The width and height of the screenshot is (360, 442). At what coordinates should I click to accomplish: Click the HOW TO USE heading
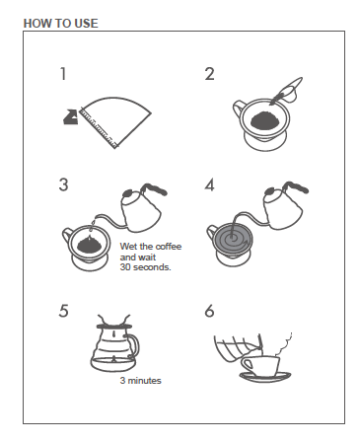tap(60, 21)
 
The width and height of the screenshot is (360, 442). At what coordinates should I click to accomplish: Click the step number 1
tap(63, 74)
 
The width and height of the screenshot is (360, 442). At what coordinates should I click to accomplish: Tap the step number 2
tap(209, 74)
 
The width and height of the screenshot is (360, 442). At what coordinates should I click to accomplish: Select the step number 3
tap(63, 184)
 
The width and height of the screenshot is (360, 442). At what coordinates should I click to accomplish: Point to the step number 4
tap(209, 184)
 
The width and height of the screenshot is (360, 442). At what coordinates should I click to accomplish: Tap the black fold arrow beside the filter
tap(71, 117)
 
